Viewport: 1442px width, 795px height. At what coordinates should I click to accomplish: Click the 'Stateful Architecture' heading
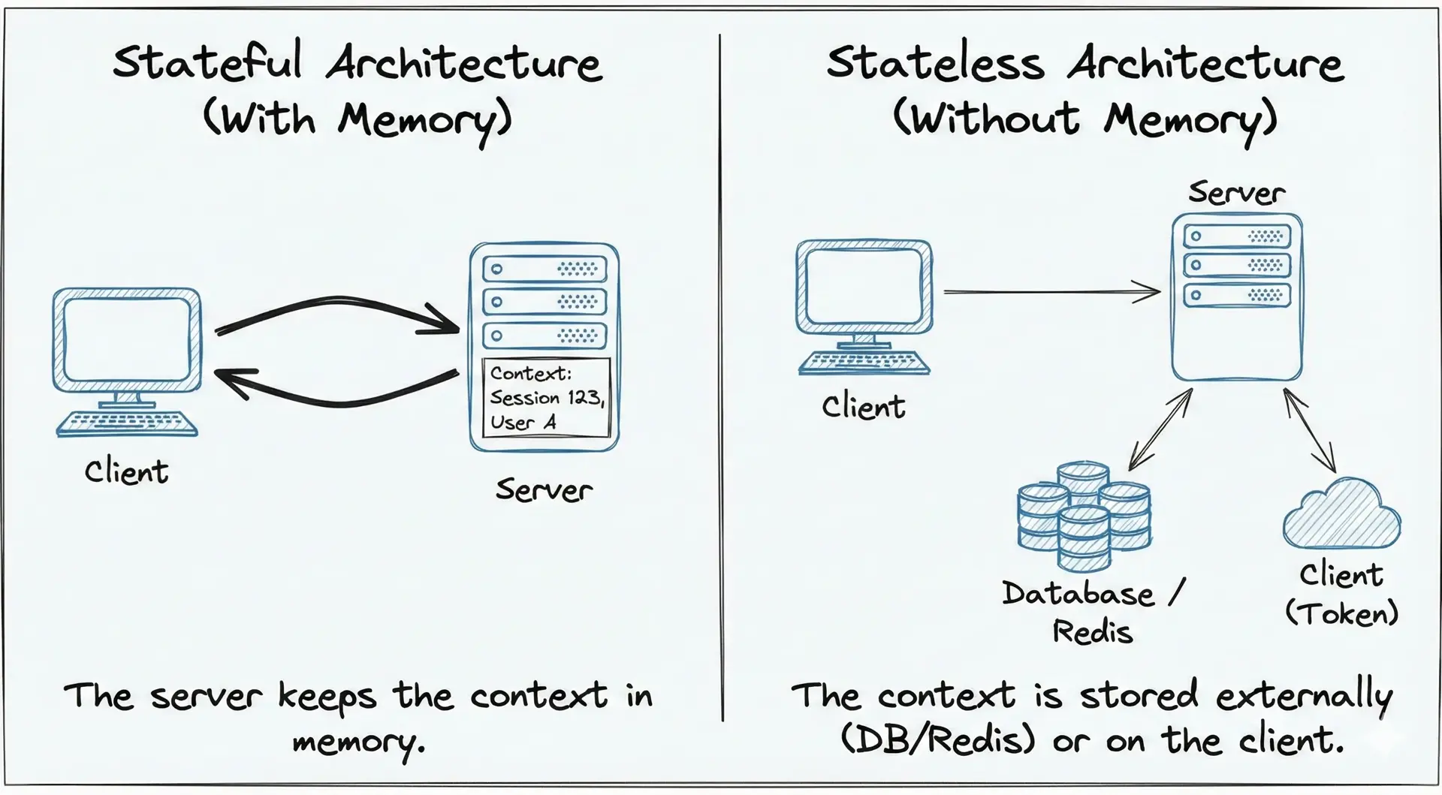coord(357,63)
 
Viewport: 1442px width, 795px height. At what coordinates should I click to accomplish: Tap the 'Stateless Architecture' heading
coord(1085,63)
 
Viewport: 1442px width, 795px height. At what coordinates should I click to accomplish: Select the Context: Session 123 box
coord(546,398)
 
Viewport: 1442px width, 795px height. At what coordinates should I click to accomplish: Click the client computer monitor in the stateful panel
coord(127,340)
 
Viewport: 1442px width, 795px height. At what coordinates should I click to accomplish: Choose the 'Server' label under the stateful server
coord(544,490)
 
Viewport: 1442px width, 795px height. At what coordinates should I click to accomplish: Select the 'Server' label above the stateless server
coord(1236,193)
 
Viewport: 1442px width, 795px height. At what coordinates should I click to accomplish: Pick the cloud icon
coord(1341,514)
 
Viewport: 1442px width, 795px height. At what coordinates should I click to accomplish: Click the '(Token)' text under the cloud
coord(1341,613)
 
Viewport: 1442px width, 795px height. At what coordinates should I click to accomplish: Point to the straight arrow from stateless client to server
coord(1051,291)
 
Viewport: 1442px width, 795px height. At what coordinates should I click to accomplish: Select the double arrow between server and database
coord(1160,429)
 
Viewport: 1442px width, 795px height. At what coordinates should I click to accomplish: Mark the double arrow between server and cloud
coord(1309,429)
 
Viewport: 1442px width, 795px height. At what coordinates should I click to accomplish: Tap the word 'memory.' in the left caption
coord(358,742)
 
